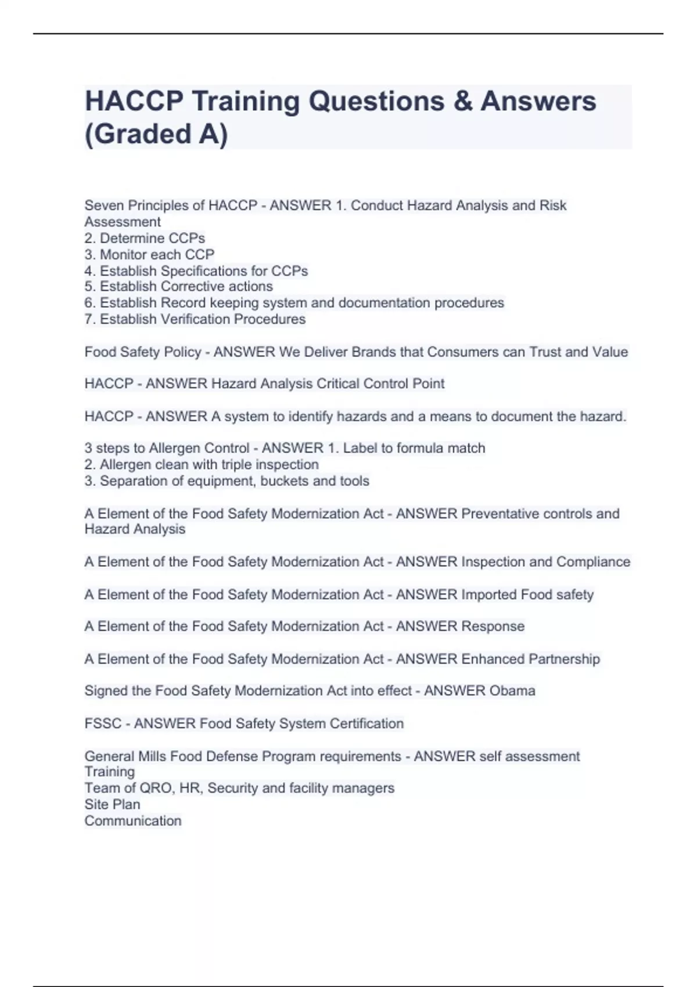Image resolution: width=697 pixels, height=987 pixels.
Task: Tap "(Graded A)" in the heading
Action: point(156,134)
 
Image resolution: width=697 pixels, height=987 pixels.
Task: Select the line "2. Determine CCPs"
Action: point(145,238)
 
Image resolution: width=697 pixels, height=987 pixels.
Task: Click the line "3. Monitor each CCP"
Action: point(149,254)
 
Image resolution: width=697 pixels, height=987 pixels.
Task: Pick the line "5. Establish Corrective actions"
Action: point(178,286)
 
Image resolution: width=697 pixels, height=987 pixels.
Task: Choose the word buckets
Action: point(284,481)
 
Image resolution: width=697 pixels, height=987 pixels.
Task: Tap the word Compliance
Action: point(593,561)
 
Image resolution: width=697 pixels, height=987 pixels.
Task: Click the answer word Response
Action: point(493,626)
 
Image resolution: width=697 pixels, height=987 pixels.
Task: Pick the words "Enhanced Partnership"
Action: point(530,659)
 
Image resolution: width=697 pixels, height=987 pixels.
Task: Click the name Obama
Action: point(512,691)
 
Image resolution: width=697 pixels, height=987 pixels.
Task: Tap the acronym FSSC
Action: point(103,723)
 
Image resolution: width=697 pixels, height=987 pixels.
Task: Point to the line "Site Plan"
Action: point(112,804)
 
